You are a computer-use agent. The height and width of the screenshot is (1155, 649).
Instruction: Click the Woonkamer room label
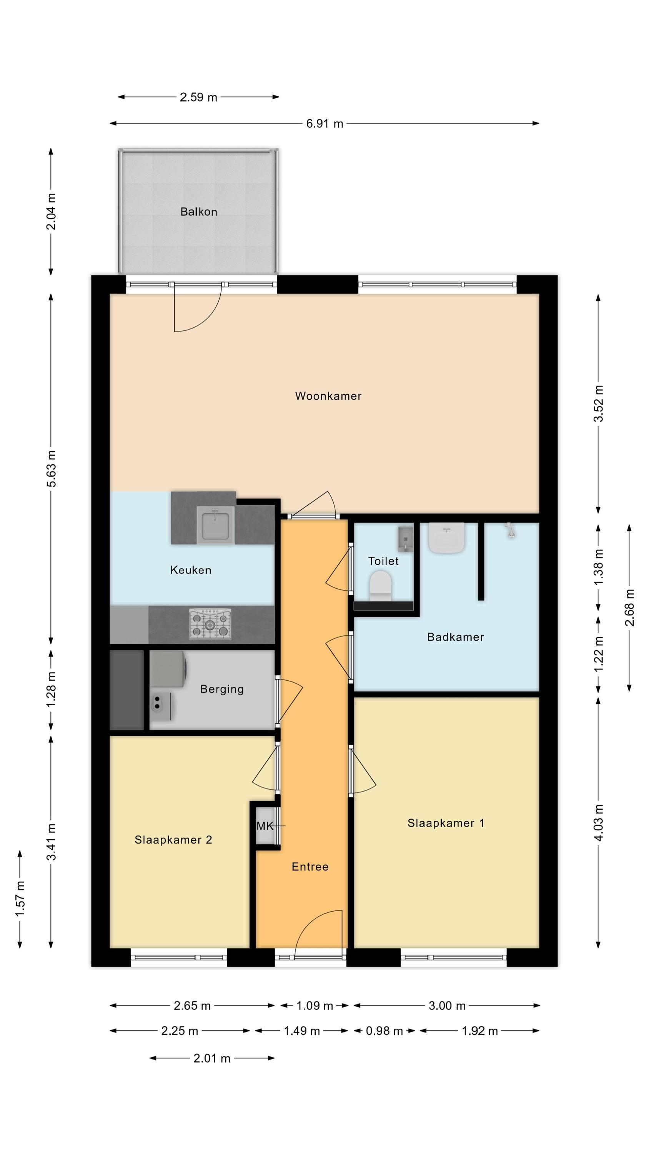tap(328, 396)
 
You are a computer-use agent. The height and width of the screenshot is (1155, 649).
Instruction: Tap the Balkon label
tap(198, 212)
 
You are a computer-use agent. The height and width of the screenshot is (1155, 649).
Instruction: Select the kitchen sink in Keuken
tap(215, 526)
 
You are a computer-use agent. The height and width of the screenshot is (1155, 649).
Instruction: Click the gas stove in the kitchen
tap(210, 624)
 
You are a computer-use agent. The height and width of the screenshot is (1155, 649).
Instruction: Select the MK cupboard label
tap(265, 826)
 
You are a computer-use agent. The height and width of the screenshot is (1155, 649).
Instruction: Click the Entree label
tap(310, 867)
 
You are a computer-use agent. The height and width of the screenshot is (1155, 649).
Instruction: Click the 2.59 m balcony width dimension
tap(198, 97)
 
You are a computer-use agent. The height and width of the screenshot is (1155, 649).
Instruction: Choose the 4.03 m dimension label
tap(599, 822)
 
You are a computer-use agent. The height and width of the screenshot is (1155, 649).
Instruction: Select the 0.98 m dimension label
tap(384, 1031)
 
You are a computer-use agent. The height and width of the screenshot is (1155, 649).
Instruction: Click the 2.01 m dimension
tap(212, 1058)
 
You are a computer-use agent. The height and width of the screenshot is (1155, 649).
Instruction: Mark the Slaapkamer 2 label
tap(173, 840)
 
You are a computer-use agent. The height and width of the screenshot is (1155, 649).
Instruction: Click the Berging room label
tap(222, 689)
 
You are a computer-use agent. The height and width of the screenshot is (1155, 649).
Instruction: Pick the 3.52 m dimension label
tap(599, 403)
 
